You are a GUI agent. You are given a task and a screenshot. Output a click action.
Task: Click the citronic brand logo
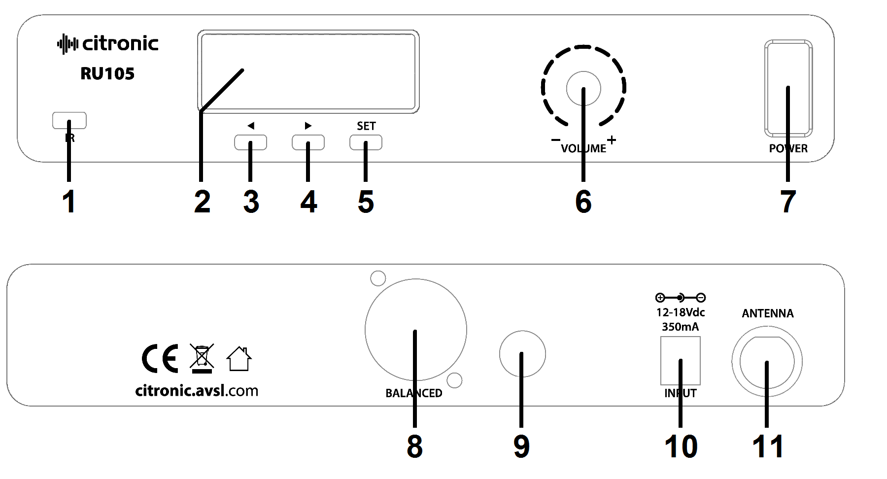click(108, 44)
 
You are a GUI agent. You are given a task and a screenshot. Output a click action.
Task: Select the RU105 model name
click(107, 74)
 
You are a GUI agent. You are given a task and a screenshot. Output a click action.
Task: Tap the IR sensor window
click(69, 120)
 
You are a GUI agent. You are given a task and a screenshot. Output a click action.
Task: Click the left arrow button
click(250, 142)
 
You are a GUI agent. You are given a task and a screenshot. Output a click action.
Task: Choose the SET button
click(366, 142)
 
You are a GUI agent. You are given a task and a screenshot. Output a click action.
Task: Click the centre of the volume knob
click(583, 89)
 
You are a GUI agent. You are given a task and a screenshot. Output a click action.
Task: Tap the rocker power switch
click(788, 89)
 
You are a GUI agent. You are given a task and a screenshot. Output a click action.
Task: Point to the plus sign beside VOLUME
click(612, 140)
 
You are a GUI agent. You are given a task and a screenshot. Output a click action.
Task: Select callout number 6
click(583, 202)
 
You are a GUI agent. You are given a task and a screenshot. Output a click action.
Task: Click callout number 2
click(202, 202)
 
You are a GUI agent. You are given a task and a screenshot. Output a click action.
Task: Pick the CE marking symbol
click(160, 359)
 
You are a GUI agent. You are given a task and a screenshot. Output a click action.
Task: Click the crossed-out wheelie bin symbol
click(202, 357)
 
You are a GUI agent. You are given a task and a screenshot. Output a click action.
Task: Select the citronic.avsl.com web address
click(197, 391)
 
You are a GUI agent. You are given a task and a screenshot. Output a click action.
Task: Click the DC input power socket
click(680, 361)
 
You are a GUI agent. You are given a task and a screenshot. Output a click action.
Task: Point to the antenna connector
click(767, 362)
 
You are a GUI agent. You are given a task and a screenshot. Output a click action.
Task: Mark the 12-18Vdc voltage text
click(681, 312)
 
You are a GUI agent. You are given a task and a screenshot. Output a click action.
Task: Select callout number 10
click(681, 447)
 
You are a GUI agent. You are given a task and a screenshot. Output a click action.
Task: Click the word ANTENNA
click(768, 313)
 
